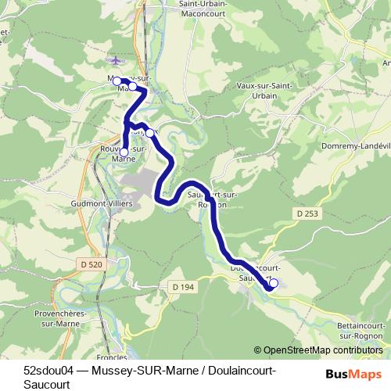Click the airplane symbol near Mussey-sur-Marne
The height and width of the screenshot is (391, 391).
coord(117,60)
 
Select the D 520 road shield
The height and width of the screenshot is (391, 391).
coord(91,265)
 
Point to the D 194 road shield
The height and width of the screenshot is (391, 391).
coord(181,288)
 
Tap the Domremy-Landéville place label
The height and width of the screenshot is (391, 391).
coord(355,145)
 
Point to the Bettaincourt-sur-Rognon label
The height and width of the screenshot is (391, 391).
coord(361,329)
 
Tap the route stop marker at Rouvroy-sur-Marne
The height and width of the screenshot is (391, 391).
coord(124,152)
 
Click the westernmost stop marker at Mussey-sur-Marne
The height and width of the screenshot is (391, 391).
coord(117,81)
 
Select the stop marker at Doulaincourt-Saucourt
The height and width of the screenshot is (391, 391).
coord(273,283)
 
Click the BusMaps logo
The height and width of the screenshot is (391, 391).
coord(353,375)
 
